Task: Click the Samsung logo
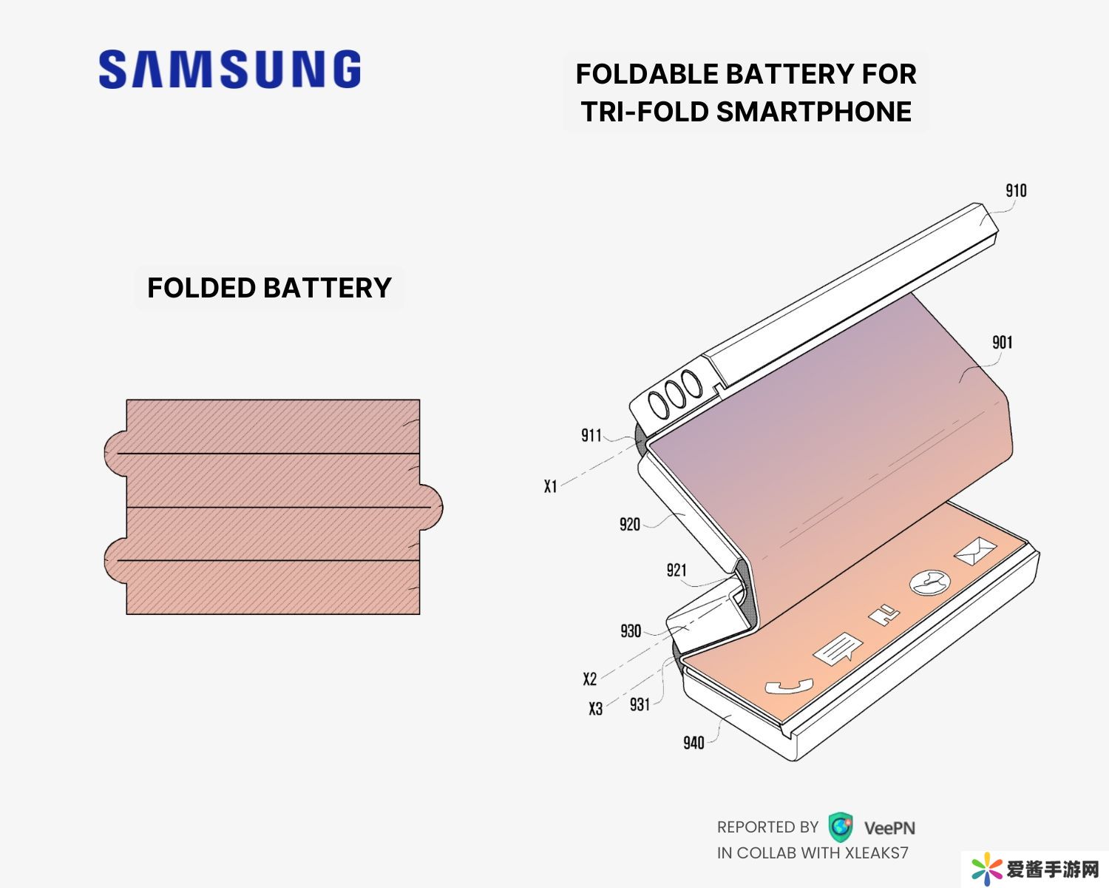[230, 70]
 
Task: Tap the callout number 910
[1016, 191]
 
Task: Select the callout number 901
[1002, 342]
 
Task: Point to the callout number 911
[591, 435]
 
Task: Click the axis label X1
[550, 486]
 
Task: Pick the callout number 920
[629, 525]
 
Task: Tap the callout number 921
[676, 570]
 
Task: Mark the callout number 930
[631, 631]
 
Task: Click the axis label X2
[589, 679]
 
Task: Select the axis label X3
[595, 709]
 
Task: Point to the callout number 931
[640, 704]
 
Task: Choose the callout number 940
[693, 742]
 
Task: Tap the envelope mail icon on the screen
[975, 551]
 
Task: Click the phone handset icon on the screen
[788, 686]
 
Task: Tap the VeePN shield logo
[840, 827]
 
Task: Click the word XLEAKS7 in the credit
[876, 853]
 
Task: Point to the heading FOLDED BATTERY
[269, 288]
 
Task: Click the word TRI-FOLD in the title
[643, 112]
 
